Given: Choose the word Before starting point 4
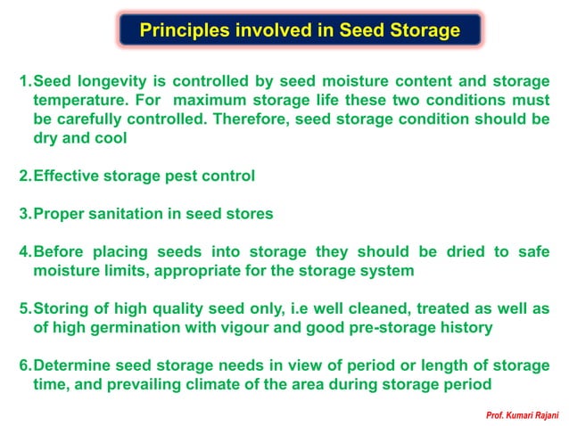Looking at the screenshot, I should tap(60, 252).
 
